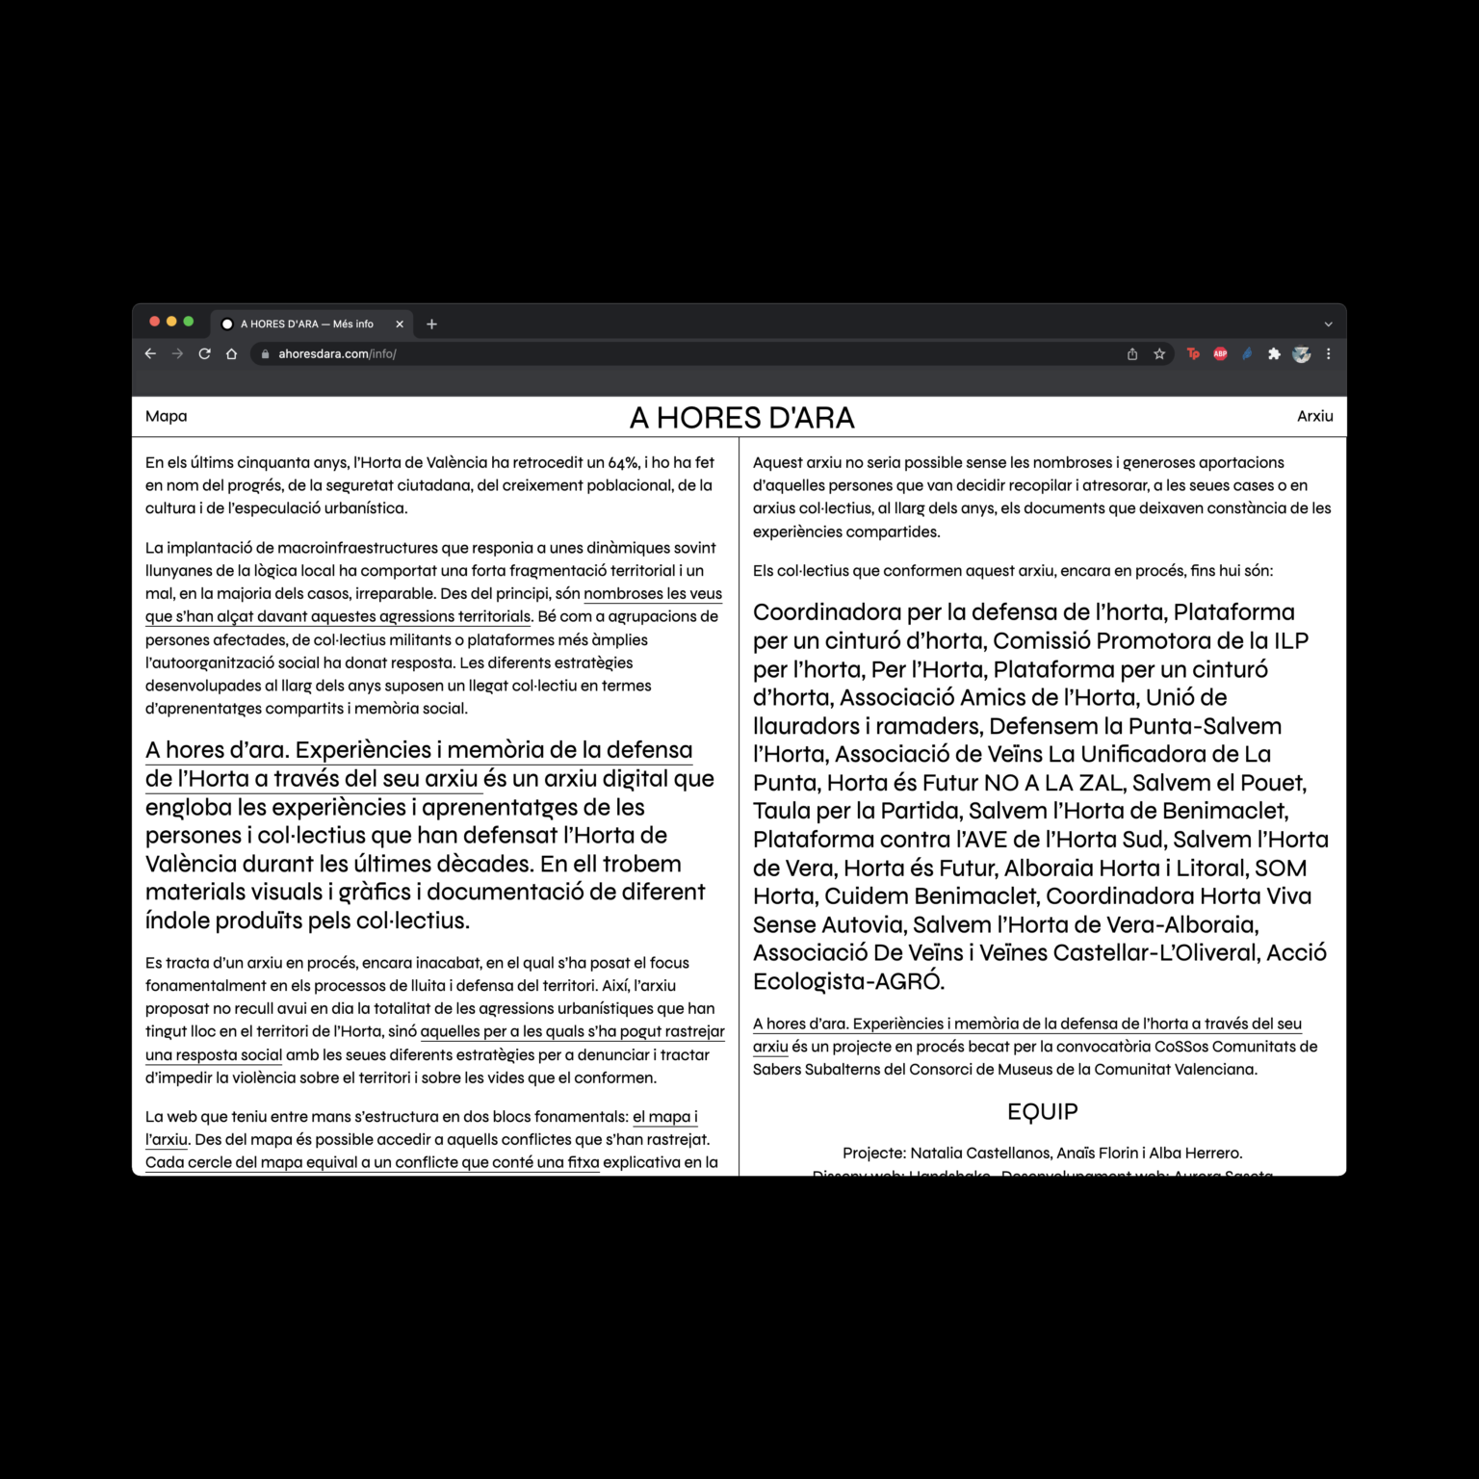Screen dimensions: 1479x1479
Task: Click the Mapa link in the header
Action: tap(166, 416)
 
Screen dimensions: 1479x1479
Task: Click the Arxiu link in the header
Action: tap(1314, 416)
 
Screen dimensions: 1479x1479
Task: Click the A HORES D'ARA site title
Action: tap(741, 418)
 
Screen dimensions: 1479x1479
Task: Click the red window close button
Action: tap(154, 322)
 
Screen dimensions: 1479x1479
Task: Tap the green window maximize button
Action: tap(189, 322)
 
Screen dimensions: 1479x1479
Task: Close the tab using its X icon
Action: tap(400, 324)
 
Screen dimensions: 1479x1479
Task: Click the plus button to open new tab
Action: tap(431, 324)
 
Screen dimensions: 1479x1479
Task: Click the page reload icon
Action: tap(204, 354)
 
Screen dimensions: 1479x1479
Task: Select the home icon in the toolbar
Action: tap(231, 354)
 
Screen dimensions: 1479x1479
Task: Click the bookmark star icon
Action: tap(1159, 354)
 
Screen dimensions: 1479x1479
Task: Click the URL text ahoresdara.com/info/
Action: tap(337, 354)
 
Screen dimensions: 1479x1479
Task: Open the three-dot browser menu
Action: tap(1329, 354)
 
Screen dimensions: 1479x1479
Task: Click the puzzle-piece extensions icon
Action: tap(1274, 354)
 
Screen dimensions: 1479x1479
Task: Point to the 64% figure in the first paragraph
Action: tap(623, 463)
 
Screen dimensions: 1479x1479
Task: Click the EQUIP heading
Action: tap(1042, 1112)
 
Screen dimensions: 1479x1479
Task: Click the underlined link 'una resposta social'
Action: tap(214, 1055)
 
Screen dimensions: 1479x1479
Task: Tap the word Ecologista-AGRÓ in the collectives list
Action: tap(847, 982)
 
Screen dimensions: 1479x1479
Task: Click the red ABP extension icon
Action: tap(1220, 354)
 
